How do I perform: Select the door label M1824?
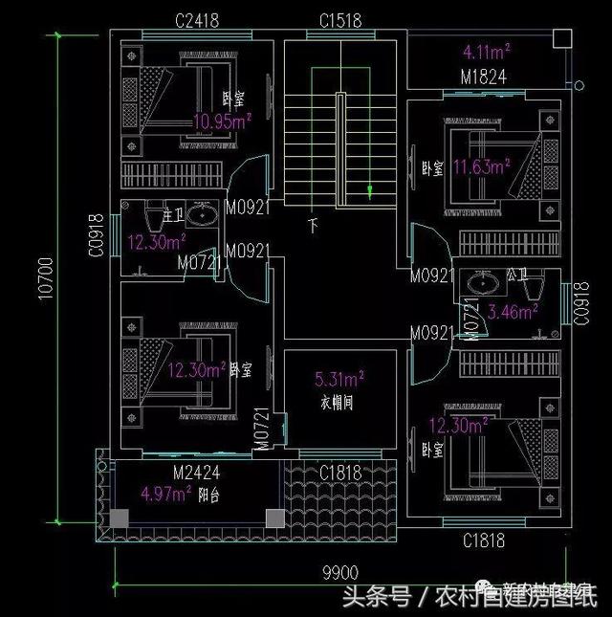(484, 76)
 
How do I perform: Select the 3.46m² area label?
(513, 310)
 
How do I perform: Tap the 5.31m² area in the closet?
(339, 379)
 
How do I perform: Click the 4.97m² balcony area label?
(165, 495)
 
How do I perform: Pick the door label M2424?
(197, 474)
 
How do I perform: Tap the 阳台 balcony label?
(210, 496)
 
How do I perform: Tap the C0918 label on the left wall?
(95, 235)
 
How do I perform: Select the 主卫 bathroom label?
(173, 212)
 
